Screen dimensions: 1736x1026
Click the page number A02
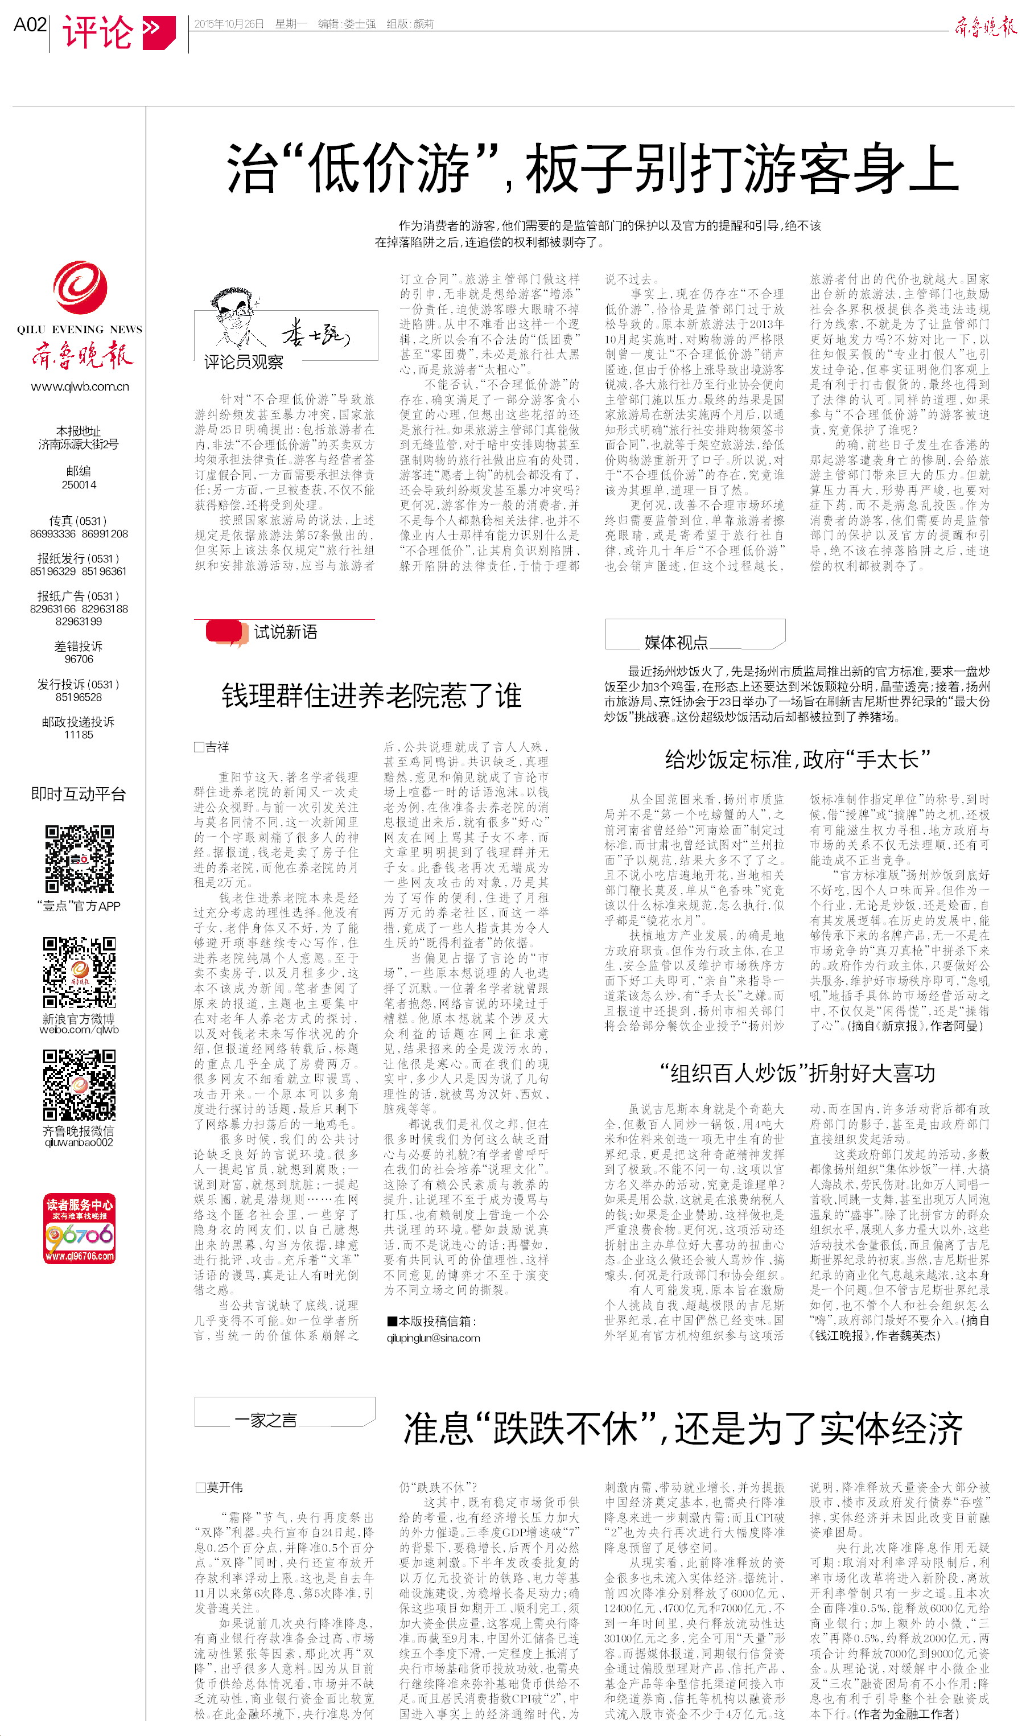30,25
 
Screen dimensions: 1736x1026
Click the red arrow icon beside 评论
158,32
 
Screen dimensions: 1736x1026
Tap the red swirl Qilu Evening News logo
80,287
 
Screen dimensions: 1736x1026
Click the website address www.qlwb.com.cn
80,386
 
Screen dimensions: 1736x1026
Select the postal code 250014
79,484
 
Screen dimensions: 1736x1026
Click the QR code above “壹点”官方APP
80,859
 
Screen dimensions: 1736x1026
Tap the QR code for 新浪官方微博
80,972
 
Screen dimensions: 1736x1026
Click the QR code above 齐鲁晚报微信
80,1084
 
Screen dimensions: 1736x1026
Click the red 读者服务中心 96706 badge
80,1228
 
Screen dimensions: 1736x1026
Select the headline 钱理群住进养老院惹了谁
371,696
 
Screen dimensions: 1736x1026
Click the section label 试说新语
285,632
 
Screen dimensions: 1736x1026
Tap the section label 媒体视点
675,642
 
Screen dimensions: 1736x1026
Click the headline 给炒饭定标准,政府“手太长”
797,760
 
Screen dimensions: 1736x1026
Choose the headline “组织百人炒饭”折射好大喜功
797,1073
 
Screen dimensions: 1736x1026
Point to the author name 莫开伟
224,1487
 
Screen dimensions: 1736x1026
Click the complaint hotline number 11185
79,735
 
